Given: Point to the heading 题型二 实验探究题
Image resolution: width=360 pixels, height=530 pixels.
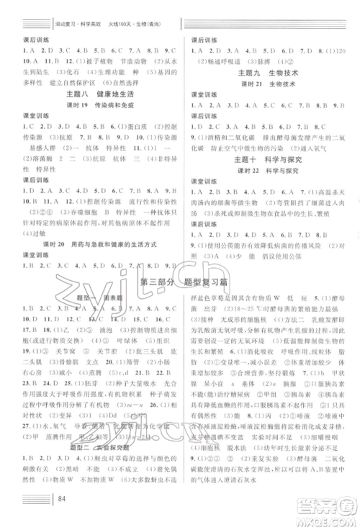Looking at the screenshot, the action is coord(94,445).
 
